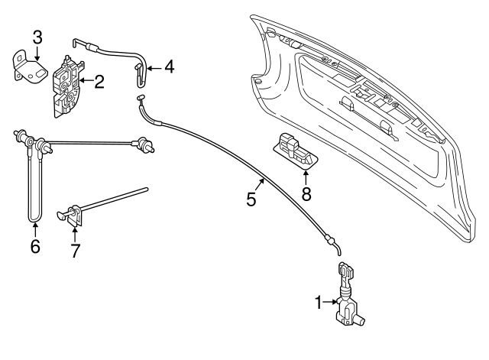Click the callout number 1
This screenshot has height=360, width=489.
click(x=319, y=303)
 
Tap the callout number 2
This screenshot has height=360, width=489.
click(x=99, y=79)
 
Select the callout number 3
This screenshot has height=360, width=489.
click(x=37, y=36)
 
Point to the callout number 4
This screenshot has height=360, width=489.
click(x=169, y=67)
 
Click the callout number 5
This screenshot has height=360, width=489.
click(x=251, y=201)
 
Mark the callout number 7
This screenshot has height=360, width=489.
click(x=75, y=250)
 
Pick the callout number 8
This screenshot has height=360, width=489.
click(x=306, y=193)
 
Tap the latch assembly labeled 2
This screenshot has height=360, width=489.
click(x=68, y=83)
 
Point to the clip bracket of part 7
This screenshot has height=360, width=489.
click(x=73, y=215)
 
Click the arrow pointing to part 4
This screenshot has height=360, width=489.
click(x=152, y=68)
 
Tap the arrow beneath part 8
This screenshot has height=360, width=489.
click(x=306, y=177)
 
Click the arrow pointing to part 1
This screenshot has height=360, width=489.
click(x=333, y=303)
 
